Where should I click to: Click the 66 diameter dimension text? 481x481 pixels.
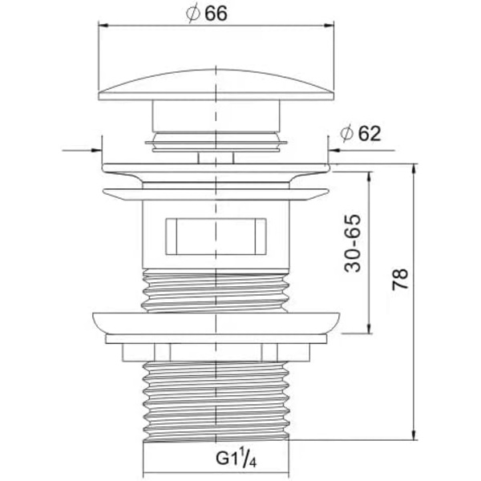tap(216, 14)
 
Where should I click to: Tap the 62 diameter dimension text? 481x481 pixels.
tap(370, 133)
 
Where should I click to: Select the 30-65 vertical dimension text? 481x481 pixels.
tap(352, 243)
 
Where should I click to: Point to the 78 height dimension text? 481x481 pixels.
tap(400, 279)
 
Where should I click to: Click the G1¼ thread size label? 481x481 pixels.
tap(236, 458)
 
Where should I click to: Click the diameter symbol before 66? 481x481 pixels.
tap(193, 14)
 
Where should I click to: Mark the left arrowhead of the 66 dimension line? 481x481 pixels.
tap(103, 26)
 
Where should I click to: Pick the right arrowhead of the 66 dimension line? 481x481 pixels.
tap(329, 26)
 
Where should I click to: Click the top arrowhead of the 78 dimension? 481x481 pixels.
tap(414, 169)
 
